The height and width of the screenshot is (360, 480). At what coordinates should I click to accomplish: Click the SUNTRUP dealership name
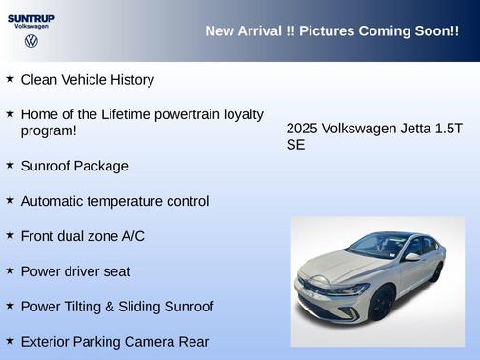(31, 18)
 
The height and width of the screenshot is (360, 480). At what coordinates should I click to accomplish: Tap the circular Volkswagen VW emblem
(31, 42)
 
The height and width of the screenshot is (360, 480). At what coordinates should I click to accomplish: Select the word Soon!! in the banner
(433, 31)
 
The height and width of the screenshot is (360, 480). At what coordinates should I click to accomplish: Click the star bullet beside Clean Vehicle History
(10, 78)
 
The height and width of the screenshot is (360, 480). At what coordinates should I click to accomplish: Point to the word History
(130, 80)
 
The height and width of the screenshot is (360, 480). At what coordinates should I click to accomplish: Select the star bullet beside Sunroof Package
(10, 165)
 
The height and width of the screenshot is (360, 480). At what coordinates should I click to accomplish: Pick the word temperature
(136, 201)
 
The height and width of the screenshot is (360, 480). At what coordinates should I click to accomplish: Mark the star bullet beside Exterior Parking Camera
(10, 340)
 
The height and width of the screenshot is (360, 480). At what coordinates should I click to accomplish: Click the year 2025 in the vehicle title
(302, 129)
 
